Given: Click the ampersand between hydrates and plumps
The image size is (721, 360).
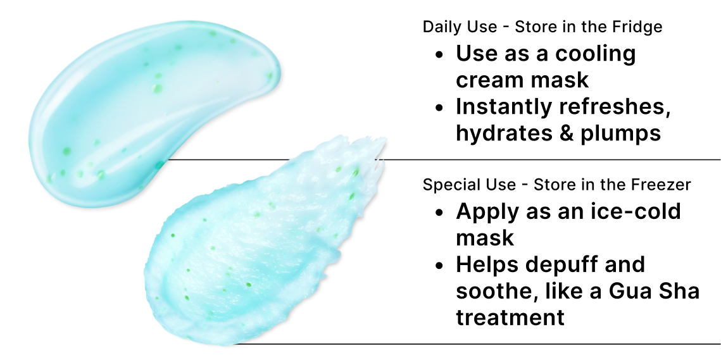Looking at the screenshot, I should pos(563,133).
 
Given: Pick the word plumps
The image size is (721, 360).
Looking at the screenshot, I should pos(621,133).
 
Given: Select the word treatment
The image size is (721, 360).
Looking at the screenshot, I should pos(510,317).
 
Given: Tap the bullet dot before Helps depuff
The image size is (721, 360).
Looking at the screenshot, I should pos(440,265).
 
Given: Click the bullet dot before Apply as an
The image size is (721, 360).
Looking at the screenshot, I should pos(440,212).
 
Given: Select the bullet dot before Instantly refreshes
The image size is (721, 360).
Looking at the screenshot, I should pos(440,108).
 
